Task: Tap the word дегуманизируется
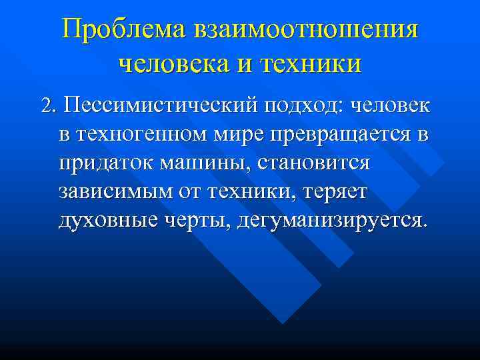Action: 329,220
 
